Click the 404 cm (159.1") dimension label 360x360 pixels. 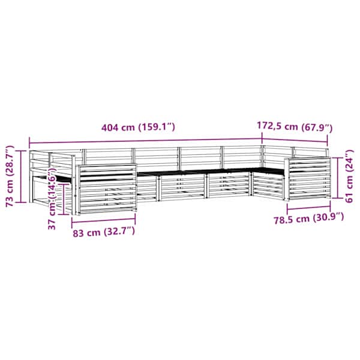tap(138, 127)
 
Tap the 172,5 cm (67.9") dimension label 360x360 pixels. tap(295, 127)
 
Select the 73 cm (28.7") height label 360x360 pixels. tap(10, 176)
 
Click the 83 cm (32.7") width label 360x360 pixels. tap(104, 232)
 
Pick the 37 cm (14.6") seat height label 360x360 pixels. tap(52, 199)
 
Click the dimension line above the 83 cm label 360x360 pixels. tap(104, 221)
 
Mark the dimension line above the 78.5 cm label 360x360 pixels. tap(309, 208)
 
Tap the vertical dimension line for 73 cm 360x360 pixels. tap(20, 176)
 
